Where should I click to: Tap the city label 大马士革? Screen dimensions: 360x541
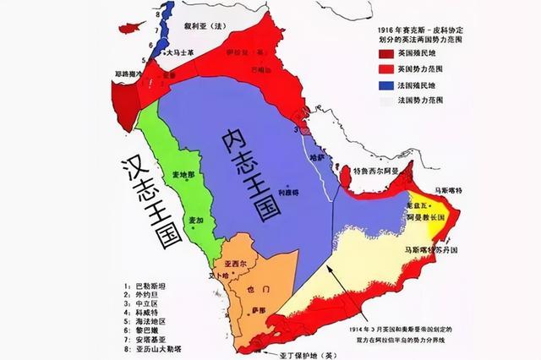(x=183, y=52)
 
